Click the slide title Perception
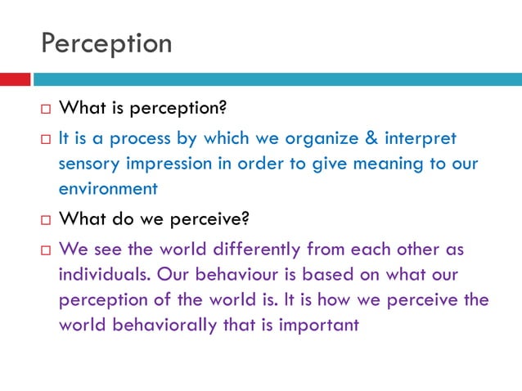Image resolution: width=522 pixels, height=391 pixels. click(106, 43)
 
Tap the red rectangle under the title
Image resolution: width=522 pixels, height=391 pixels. click(15, 79)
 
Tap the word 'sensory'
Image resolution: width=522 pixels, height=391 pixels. click(89, 164)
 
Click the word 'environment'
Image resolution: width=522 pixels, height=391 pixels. click(107, 188)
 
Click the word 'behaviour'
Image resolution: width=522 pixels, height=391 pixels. click(220, 274)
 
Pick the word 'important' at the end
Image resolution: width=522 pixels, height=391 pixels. click(319, 325)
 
